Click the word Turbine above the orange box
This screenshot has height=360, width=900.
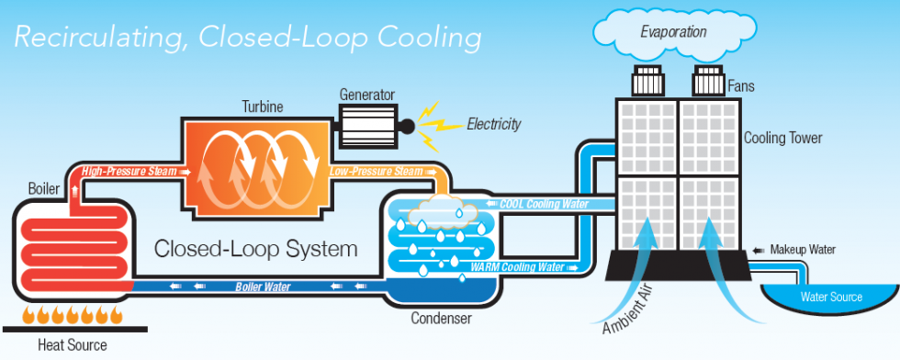263,107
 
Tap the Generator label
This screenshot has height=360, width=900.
366,94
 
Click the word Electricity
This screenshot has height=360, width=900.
494,124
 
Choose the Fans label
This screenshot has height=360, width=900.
740,87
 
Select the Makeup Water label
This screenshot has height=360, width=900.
804,249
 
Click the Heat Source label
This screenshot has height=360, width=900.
72,345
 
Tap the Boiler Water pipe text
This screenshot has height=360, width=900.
263,287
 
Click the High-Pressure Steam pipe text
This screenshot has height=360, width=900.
130,171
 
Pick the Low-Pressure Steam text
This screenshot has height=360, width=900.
376,171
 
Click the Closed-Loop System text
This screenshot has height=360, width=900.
256,249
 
